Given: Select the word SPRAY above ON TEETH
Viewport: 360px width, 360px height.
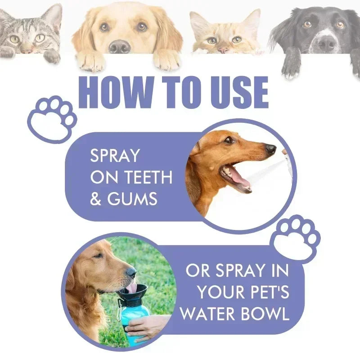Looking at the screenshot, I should point(115,156).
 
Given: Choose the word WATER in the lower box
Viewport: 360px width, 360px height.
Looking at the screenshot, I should point(208,314).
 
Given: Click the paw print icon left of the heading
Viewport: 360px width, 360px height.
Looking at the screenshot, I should point(52,118).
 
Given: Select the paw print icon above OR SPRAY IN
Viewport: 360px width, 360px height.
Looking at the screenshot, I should point(295,238).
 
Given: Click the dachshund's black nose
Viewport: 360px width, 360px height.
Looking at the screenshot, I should point(270,148).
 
